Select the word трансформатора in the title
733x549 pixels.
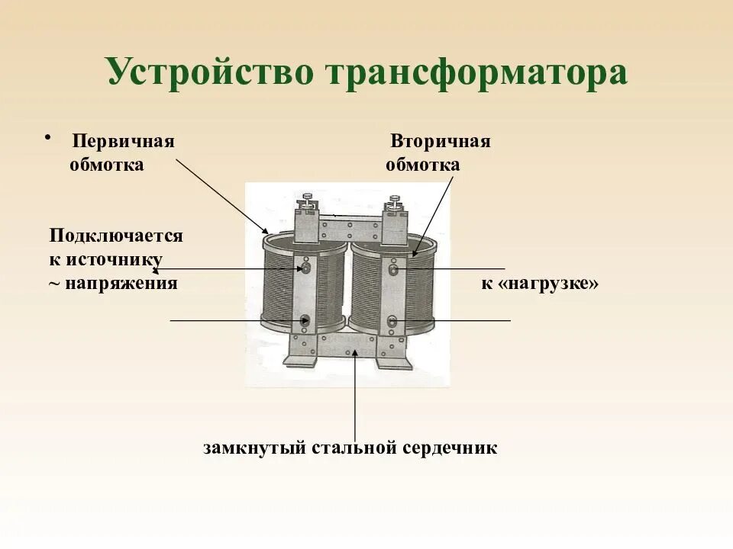click(476, 72)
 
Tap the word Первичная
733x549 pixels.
click(124, 143)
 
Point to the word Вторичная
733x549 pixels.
click(441, 143)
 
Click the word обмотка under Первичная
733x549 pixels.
click(106, 165)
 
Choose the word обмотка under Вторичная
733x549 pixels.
click(423, 165)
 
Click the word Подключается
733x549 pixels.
click(116, 236)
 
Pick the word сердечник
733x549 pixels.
click(450, 448)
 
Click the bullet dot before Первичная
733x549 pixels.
click(47, 138)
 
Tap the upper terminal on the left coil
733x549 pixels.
click(305, 268)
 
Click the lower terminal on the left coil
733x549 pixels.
click(305, 321)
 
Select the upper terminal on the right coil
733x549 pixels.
click(392, 269)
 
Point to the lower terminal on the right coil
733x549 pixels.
click(392, 321)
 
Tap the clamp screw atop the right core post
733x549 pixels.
click(395, 202)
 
